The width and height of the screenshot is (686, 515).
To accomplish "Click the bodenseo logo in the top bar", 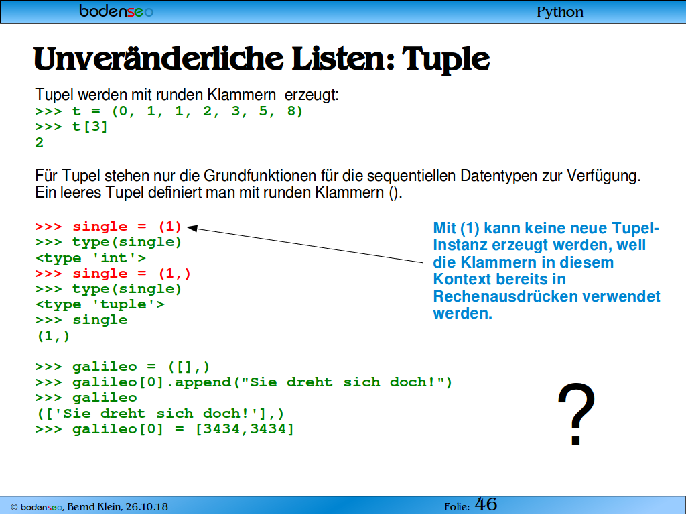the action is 117,11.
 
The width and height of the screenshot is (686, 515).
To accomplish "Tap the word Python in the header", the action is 560,12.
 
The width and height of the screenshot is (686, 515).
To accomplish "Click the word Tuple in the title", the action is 445,59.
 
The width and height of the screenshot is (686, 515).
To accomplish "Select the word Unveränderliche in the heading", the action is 158,59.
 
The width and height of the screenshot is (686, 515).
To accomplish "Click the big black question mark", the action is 576,413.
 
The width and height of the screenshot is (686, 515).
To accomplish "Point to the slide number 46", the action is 486,504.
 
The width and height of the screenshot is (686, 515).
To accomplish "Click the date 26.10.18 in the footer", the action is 147,507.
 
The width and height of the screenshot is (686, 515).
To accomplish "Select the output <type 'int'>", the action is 90,258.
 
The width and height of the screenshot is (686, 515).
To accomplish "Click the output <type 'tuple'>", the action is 100,305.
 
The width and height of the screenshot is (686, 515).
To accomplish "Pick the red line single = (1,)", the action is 113,274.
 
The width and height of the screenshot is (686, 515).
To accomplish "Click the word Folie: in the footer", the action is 457,507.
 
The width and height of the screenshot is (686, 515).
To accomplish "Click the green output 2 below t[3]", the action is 40,143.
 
